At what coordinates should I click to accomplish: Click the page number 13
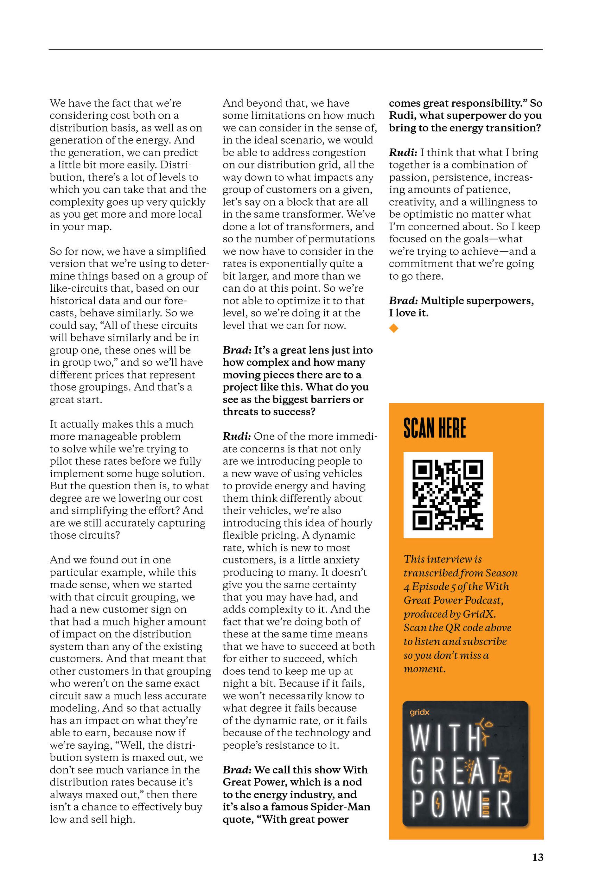coord(537,857)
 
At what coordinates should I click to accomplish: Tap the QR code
coord(448,495)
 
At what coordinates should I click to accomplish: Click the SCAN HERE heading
coord(435,428)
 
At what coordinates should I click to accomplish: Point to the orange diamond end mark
coord(394,328)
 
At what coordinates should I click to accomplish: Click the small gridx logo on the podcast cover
coord(419,712)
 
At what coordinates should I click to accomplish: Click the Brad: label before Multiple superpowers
coord(403,301)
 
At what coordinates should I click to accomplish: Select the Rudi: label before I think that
coord(403,153)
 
